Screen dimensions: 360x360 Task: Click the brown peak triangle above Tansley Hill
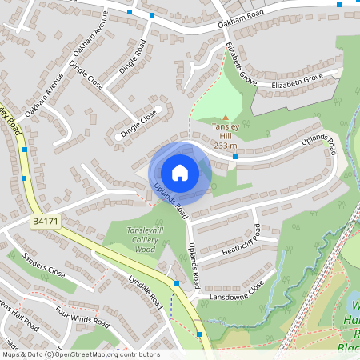225,118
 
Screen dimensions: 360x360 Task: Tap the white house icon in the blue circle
180,172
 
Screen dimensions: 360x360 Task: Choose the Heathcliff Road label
257,237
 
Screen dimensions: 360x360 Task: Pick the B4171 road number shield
46,220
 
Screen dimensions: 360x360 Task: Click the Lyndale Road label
145,291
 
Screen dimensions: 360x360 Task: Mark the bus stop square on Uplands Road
234,157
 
